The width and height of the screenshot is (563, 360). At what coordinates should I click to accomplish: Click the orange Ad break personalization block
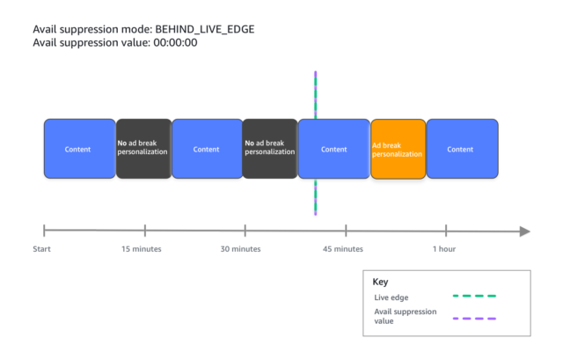point(398,149)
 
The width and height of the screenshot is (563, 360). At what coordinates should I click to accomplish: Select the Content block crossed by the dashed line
point(334,149)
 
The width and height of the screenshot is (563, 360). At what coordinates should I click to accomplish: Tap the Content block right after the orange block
point(463,149)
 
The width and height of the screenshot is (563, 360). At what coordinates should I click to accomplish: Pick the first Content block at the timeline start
point(80,149)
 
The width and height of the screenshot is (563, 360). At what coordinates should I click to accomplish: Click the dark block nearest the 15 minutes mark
point(143,149)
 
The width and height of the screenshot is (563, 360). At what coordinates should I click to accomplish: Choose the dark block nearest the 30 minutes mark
point(270,149)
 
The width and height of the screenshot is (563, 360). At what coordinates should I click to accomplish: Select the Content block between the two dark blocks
point(208,149)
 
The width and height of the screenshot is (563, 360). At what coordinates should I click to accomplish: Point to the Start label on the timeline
point(41,249)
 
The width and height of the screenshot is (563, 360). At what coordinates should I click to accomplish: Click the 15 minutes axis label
point(141,249)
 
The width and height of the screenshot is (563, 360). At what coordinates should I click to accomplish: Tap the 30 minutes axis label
point(240,249)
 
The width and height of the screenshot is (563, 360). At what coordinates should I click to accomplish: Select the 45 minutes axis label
point(343,249)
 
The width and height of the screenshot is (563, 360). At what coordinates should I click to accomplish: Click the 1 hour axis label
point(444,249)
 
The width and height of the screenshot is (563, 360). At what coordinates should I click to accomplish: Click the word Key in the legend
point(380,282)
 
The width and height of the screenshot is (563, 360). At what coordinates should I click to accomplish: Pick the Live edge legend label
point(391,298)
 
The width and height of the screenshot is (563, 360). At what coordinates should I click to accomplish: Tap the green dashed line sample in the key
point(474,296)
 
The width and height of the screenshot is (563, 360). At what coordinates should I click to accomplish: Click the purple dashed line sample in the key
point(474,319)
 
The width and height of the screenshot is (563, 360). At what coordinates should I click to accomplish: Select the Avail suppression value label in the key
point(406,316)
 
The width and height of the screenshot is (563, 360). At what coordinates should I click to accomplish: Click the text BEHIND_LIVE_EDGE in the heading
point(205,29)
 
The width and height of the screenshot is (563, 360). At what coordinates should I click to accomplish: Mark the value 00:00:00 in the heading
point(175,43)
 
